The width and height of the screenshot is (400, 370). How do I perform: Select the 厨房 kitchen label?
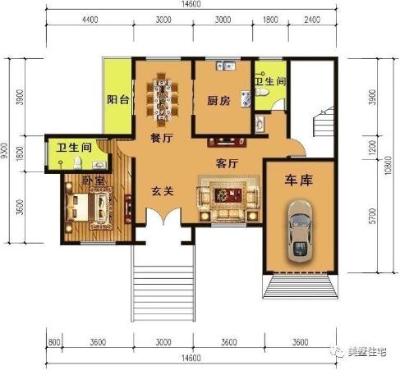tap(218, 102)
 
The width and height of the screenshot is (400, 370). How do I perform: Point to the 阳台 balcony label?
tap(118, 100)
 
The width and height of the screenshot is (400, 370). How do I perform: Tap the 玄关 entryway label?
tap(162, 191)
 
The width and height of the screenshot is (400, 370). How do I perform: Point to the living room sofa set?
tap(225, 197)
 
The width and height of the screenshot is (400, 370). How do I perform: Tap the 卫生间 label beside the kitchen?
tap(269, 82)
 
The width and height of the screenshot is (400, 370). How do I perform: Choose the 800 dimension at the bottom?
tap(54, 342)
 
